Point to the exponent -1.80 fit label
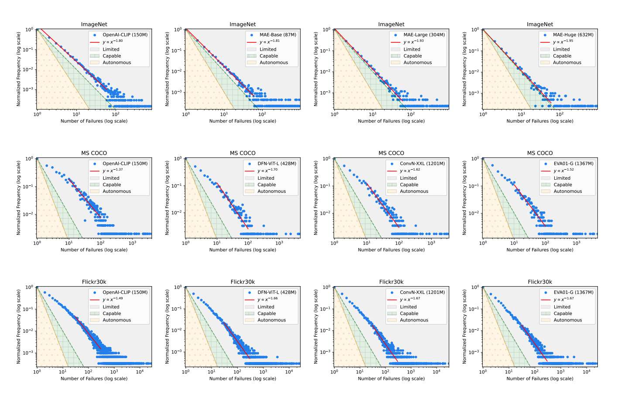pyautogui.click(x=113, y=42)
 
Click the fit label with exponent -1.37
pyautogui.click(x=113, y=171)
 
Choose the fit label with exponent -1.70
pyautogui.click(x=267, y=171)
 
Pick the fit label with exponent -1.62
pyautogui.click(x=410, y=171)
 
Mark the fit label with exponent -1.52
pyautogui.click(x=563, y=171)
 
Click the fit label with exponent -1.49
pyautogui.click(x=113, y=299)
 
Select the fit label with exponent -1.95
pyautogui.click(x=563, y=42)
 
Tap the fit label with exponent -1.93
pyautogui.click(x=413, y=42)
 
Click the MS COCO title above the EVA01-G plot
pyautogui.click(x=540, y=153)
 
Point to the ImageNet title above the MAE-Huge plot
pyautogui.click(x=540, y=24)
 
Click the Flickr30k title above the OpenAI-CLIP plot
pyautogui.click(x=94, y=282)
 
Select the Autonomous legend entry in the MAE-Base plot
pyautogui.click(x=273, y=62)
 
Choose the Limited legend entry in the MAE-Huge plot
pyautogui.click(x=561, y=49)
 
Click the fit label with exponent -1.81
pyautogui.click(x=270, y=42)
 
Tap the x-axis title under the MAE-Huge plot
pyautogui.click(x=540, y=121)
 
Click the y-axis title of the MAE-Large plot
pyautogui.click(x=316, y=69)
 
